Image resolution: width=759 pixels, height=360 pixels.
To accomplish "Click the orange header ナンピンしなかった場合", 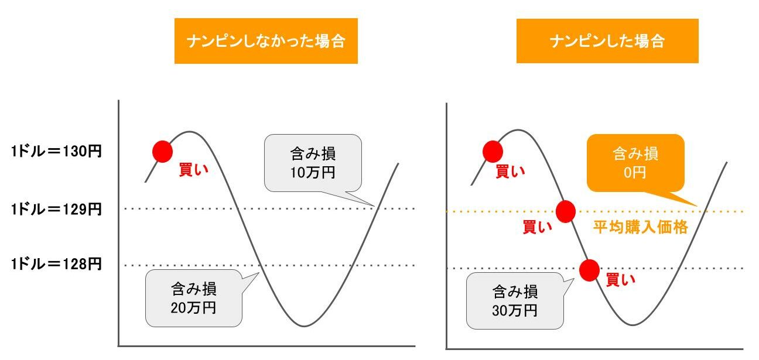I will click(x=266, y=42).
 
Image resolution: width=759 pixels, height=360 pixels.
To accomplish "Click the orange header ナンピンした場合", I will click(x=607, y=41).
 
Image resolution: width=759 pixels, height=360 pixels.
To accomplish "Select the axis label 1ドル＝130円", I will click(x=56, y=151).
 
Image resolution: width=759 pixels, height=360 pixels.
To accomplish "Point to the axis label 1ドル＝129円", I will click(x=56, y=209).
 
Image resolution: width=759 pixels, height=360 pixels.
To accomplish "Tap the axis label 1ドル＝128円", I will click(x=56, y=265).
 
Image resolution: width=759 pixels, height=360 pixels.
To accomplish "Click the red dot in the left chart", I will click(x=162, y=152).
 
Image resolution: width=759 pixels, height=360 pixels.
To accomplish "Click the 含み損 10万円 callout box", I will click(x=313, y=163).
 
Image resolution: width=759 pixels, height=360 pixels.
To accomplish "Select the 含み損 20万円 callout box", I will click(x=193, y=297).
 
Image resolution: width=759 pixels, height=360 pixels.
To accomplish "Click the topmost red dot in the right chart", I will click(x=493, y=152).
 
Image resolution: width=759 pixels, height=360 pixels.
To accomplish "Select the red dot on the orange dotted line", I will click(x=566, y=211).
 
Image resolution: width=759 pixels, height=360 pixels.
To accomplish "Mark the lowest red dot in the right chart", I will click(x=589, y=269).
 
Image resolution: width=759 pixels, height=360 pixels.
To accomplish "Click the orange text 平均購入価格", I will click(x=640, y=227).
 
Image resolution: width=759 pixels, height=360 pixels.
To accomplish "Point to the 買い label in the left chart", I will click(x=193, y=170).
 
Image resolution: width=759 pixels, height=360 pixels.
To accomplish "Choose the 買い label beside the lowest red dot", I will click(x=620, y=280).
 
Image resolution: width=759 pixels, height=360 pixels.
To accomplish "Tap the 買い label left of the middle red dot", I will click(x=537, y=227).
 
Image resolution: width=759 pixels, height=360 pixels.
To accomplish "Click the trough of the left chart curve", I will click(x=303, y=325).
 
